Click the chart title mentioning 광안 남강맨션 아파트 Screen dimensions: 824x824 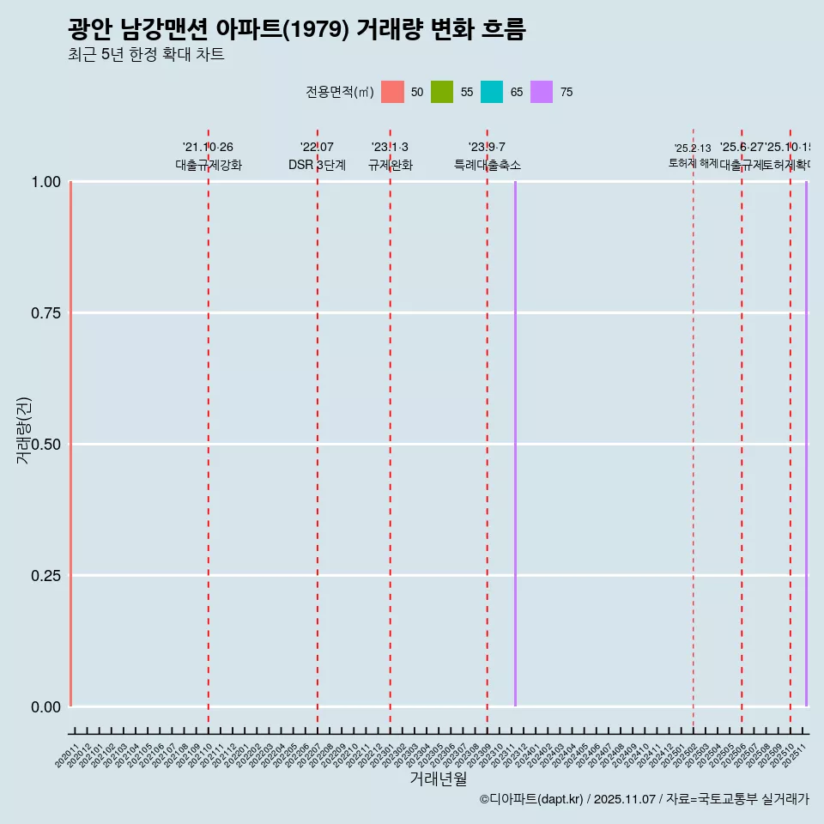296,29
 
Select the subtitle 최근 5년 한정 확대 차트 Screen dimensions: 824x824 146,55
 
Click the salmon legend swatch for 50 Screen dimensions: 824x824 392,92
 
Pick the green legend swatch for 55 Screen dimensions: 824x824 442,92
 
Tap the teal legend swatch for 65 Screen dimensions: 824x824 492,92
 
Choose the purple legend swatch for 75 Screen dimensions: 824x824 542,92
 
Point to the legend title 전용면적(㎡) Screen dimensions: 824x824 339,92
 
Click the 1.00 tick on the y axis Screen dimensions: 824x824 45,182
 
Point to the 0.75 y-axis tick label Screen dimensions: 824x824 45,313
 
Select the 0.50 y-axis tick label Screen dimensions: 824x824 45,445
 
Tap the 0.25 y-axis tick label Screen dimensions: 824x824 45,576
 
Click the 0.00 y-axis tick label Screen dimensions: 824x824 45,707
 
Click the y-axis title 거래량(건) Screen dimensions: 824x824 23,430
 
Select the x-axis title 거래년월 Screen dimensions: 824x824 438,779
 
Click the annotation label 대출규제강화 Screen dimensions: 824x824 209,165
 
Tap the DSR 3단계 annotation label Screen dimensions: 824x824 317,165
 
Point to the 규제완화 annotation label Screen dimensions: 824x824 391,165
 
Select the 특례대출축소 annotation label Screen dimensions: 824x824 488,165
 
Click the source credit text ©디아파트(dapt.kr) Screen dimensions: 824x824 531,799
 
